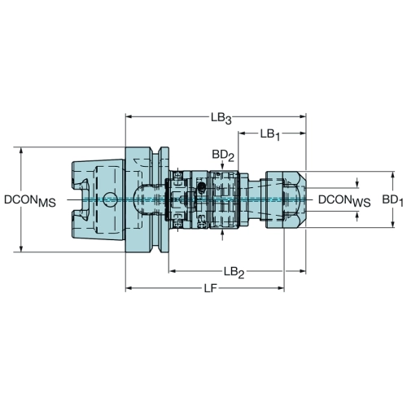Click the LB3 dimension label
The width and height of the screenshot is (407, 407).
pos(221,118)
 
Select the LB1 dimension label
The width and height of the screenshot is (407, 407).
pos(270,134)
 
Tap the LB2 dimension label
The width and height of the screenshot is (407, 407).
pos(234,272)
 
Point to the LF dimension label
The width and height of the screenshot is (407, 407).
pos(211,289)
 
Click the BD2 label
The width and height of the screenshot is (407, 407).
pos(223,155)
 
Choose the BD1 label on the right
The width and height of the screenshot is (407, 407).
pos(392,200)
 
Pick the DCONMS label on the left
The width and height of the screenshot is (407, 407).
pos(30,201)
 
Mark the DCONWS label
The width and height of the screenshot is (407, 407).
pos(344,200)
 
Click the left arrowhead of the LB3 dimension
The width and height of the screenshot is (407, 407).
pos(129,117)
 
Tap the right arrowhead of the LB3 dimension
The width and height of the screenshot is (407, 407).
pos(303,117)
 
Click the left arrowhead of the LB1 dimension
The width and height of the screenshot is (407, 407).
pos(242,133)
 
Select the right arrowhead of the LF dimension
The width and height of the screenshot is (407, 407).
pos(281,288)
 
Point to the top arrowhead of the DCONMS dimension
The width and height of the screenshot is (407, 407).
pos(21,151)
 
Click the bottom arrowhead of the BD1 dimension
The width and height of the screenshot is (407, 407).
pos(392,224)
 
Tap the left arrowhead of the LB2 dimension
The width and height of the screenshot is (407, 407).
pos(172,271)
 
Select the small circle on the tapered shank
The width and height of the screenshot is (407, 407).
pos(111,199)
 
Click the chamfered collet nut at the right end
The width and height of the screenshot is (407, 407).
pos(286,199)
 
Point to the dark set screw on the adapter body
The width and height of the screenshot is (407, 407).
pos(202,186)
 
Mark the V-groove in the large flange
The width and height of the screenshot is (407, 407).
pos(155,199)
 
